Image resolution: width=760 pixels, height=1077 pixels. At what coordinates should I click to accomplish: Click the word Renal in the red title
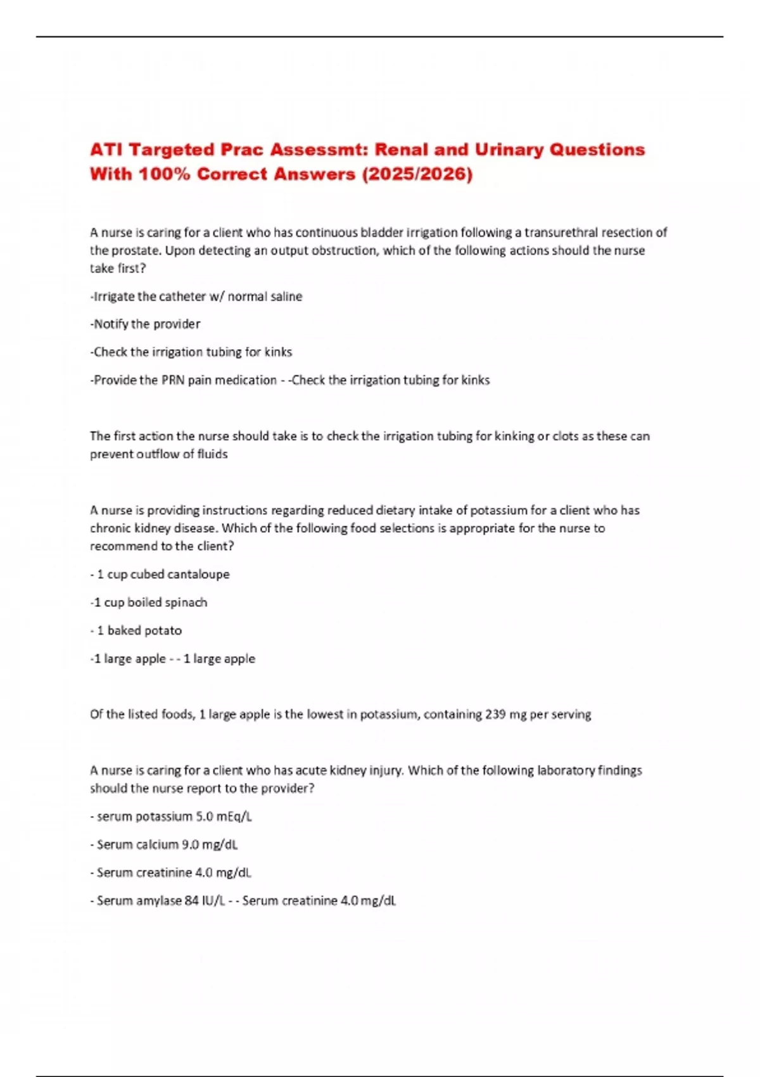(x=402, y=150)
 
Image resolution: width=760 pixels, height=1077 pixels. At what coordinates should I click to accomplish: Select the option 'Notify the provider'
(x=146, y=324)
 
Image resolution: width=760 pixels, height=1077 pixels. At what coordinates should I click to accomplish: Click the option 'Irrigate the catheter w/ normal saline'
(x=197, y=296)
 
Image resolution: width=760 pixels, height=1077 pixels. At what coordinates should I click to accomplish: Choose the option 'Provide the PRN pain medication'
(x=184, y=380)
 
